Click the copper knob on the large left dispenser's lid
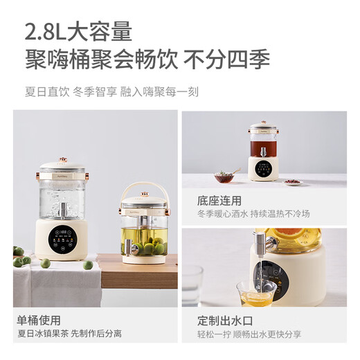click(x=62, y=160)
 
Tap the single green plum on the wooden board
click(x=89, y=264)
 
